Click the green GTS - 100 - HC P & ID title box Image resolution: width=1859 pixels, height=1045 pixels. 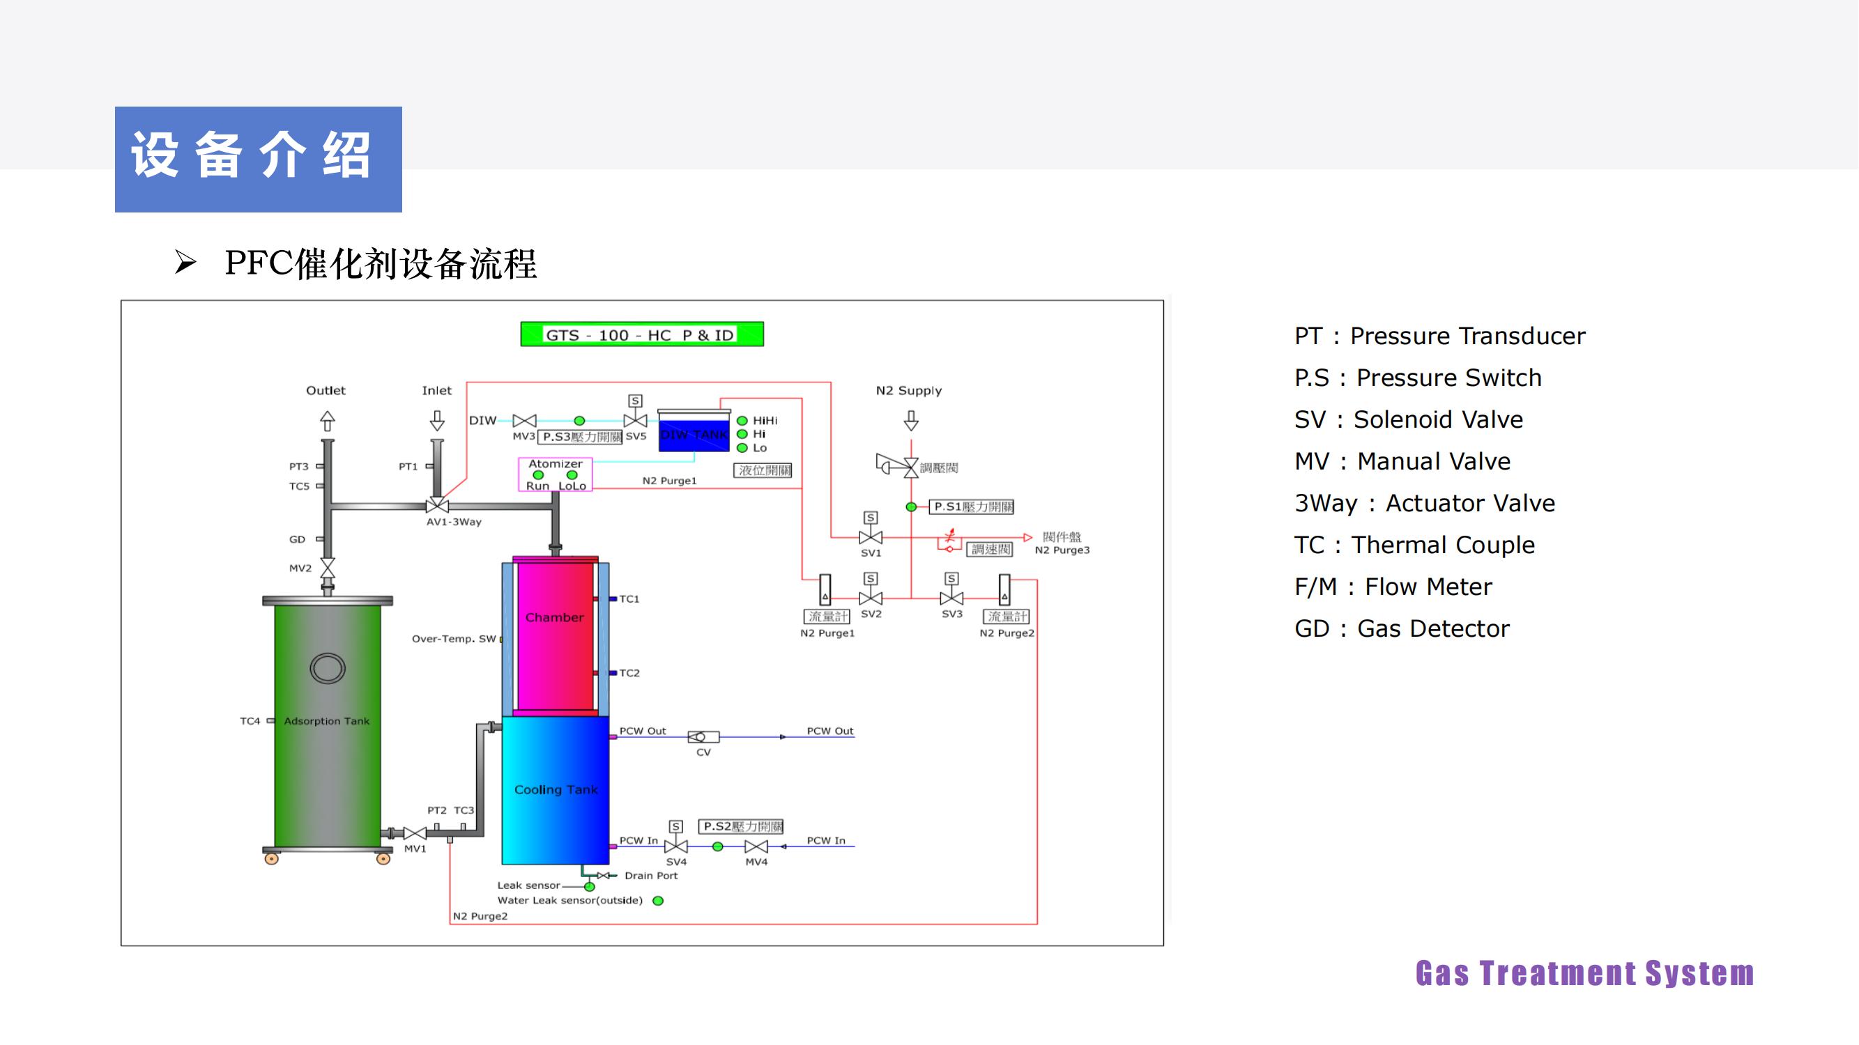641,334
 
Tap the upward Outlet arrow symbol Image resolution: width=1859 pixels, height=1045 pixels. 327,421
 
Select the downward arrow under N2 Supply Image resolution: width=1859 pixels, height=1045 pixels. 911,421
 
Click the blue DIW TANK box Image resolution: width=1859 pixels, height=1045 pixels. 694,433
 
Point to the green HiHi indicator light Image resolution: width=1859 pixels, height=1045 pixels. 742,421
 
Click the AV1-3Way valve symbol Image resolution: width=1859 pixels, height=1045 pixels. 437,505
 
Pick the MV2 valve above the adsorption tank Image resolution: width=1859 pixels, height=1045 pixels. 328,568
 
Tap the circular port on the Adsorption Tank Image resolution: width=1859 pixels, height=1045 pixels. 328,669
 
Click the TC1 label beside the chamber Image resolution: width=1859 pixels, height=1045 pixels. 629,598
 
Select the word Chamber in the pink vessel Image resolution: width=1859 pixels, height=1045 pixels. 554,617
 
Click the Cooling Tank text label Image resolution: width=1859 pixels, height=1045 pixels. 556,790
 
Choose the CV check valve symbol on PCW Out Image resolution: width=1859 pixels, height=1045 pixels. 703,737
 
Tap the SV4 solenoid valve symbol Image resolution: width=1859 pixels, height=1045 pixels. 676,846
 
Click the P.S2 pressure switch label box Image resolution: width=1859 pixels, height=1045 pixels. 741,826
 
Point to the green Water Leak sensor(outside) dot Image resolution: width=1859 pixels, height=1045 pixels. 658,901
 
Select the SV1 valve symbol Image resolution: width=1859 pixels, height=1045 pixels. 871,537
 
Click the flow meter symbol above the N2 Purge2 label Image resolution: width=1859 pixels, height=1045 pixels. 1004,590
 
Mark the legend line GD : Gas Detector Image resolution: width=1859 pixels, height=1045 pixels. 1402,629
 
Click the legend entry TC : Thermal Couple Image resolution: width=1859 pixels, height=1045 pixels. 1414,545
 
